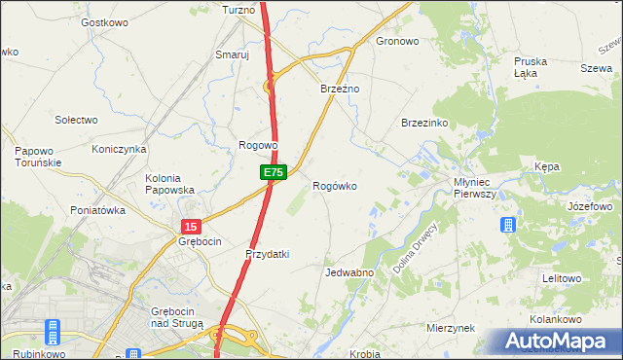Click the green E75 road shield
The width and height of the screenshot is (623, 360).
click(x=273, y=172)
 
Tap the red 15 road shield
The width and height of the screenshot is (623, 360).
click(x=190, y=226)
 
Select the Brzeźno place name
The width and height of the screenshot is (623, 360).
click(x=341, y=89)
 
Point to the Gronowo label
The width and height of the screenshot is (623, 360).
click(x=397, y=42)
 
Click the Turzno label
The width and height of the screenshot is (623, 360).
click(x=238, y=10)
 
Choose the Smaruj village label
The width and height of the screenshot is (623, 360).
click(x=233, y=55)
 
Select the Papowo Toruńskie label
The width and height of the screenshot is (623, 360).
click(x=39, y=157)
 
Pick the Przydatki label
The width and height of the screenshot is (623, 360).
click(x=268, y=254)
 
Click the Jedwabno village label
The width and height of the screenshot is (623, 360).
click(x=350, y=273)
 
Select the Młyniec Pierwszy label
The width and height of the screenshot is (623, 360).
click(x=475, y=188)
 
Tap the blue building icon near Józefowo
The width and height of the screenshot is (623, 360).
click(x=507, y=226)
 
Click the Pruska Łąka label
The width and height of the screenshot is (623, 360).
click(x=531, y=67)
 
